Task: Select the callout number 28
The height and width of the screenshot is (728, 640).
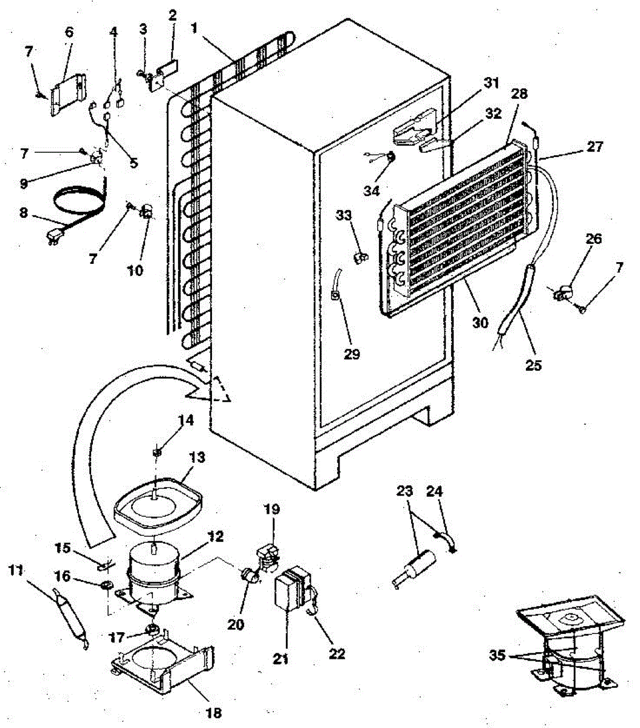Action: click(519, 94)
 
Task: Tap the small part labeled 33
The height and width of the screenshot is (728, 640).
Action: click(359, 258)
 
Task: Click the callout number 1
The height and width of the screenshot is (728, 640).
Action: click(194, 27)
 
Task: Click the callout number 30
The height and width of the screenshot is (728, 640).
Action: click(480, 323)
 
